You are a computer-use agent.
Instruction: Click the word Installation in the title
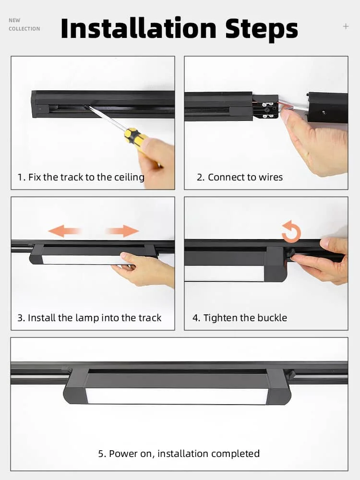139,28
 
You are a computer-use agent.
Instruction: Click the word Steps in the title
262,30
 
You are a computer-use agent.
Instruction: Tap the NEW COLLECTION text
24,24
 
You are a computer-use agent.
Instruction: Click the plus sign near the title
346,26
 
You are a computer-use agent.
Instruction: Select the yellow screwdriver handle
135,139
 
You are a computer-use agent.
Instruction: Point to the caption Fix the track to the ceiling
81,177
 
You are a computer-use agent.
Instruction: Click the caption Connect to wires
240,177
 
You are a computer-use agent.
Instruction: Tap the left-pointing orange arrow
65,231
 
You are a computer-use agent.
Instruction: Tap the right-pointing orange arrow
122,231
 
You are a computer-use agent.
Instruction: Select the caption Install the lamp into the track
89,318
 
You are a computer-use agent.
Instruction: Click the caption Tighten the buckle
240,318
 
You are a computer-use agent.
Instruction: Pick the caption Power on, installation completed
179,454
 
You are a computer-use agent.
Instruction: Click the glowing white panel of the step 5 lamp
177,396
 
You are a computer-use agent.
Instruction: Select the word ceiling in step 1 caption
129,178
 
